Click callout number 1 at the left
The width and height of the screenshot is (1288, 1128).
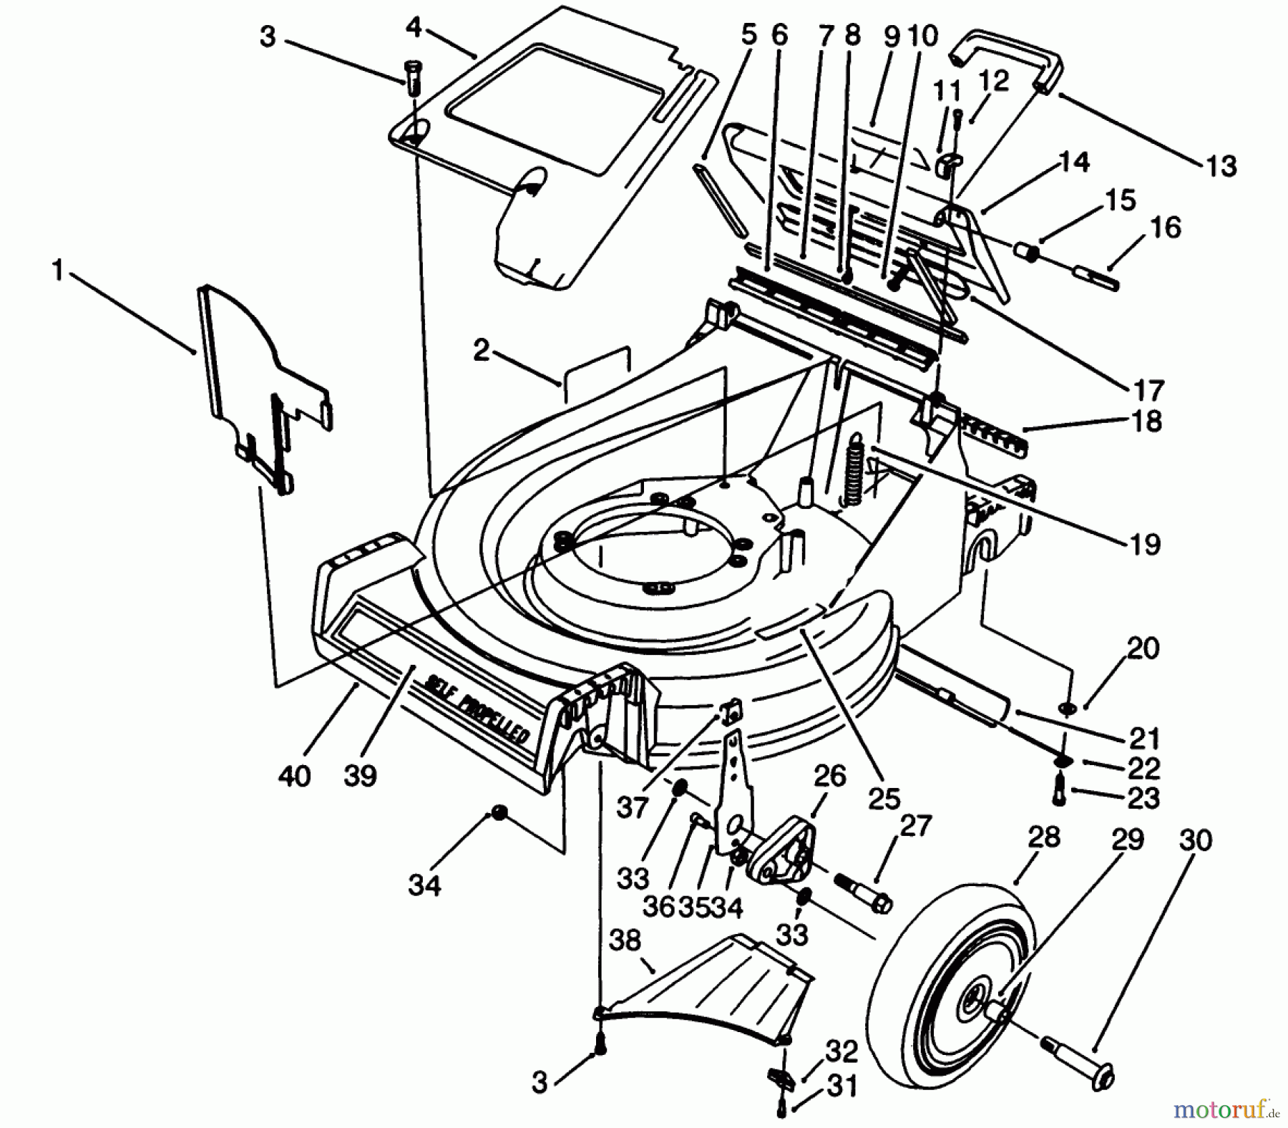click(57, 272)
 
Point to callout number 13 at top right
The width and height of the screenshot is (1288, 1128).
click(1221, 166)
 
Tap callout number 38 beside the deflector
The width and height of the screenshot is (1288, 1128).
click(625, 941)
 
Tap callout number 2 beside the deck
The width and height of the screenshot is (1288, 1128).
click(481, 350)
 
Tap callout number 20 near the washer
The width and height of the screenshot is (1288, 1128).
click(1142, 648)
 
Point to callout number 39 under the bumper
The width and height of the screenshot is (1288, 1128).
click(359, 775)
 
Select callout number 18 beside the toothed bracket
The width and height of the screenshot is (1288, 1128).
click(1147, 422)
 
